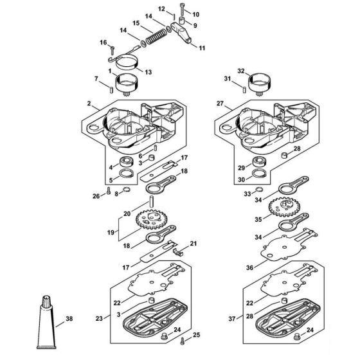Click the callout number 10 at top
point(196,14)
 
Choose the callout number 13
point(148,71)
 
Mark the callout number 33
point(246,193)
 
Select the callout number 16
point(103,42)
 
